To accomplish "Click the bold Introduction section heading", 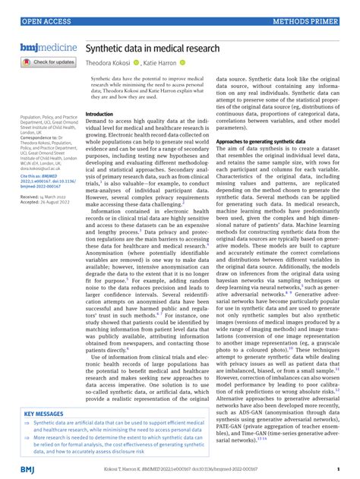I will pos(99,114).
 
